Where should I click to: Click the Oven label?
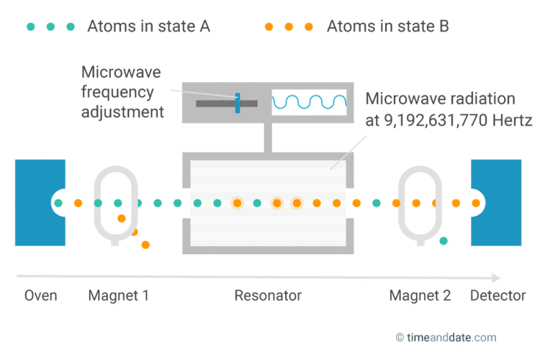(40, 296)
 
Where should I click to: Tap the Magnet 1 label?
(118, 296)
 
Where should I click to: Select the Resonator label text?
(268, 296)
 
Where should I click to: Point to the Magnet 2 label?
(420, 296)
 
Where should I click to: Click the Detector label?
(498, 296)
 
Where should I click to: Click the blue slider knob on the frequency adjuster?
(237, 103)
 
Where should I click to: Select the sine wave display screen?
(309, 103)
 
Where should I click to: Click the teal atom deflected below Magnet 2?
(444, 240)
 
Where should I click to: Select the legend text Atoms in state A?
(148, 27)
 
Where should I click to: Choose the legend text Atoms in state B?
(387, 27)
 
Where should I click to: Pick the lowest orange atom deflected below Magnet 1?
(145, 245)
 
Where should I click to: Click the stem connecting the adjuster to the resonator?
(268, 138)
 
